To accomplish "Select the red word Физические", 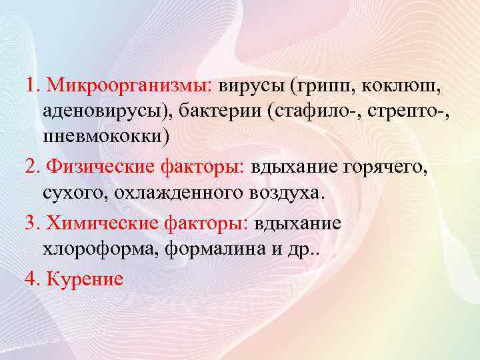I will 98,167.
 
